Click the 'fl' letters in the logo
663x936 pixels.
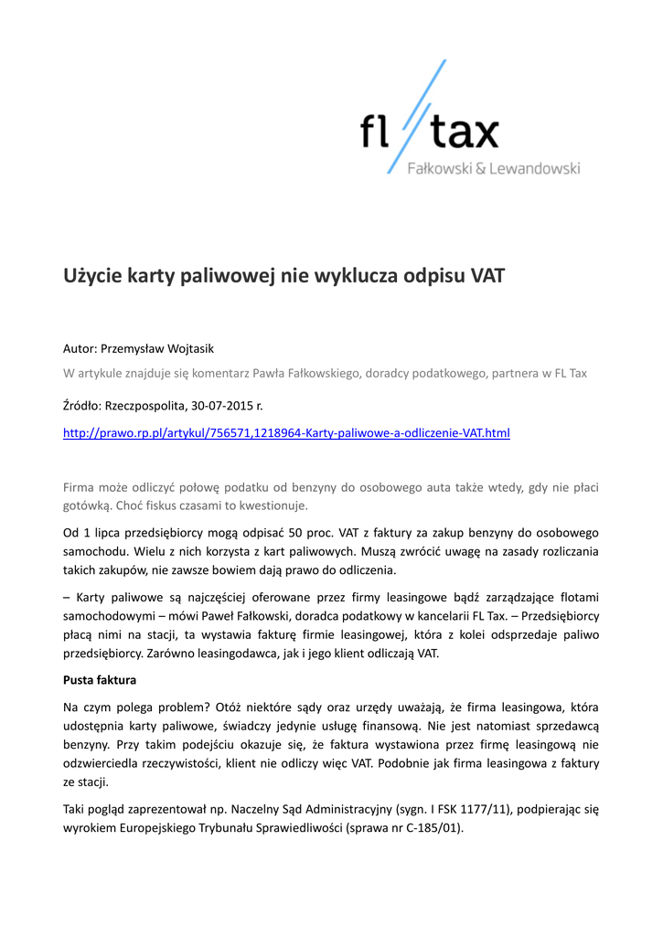373,133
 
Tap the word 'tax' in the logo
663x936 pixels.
464,133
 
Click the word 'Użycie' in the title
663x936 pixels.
92,275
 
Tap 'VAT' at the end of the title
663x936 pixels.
487,275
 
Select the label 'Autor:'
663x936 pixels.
80,348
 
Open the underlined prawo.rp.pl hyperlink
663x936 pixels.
285,432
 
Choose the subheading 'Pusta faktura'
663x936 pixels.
99,680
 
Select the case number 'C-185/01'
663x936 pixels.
437,828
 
